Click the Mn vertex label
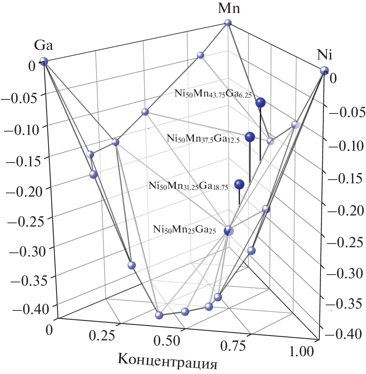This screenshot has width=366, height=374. [229, 8]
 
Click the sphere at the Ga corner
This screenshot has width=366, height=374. [44, 62]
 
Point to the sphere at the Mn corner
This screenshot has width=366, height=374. [228, 23]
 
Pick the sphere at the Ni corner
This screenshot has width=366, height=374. [324, 70]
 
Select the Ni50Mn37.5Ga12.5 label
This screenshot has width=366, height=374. [203, 139]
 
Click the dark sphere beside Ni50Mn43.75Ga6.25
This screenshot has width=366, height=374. [261, 103]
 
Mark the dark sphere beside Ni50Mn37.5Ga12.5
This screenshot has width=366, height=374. [250, 137]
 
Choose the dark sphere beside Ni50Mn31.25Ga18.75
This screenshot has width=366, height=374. [240, 184]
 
